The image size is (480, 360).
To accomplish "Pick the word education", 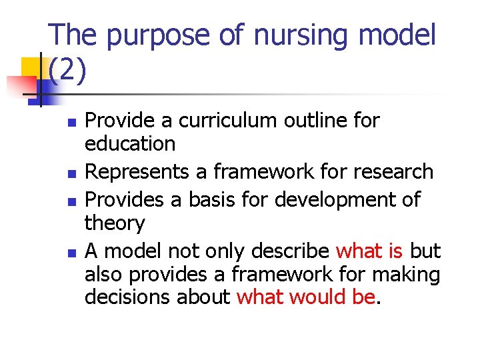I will coord(130,143).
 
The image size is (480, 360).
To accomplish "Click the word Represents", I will coord(137,171).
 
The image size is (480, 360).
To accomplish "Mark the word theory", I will coord(115,222).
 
